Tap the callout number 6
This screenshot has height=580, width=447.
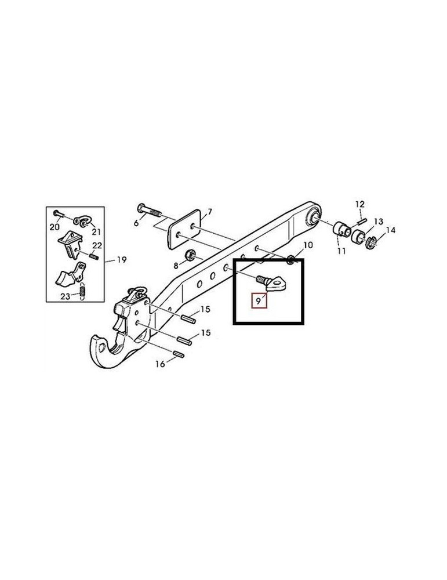[x=136, y=223]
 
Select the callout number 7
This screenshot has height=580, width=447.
[x=210, y=212]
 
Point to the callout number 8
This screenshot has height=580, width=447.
[x=176, y=265]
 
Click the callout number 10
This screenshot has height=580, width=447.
[x=308, y=245]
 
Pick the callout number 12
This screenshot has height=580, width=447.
[x=359, y=204]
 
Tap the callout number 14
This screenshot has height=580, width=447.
[x=390, y=230]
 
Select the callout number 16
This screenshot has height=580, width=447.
[x=160, y=364]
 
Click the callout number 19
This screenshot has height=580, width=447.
[x=122, y=260]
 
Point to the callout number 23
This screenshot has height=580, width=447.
[x=66, y=296]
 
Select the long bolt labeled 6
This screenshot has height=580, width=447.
[x=149, y=210]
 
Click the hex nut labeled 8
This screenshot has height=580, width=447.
[x=190, y=254]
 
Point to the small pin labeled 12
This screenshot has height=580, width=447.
[x=362, y=222]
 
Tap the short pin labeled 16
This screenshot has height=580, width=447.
[x=179, y=354]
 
